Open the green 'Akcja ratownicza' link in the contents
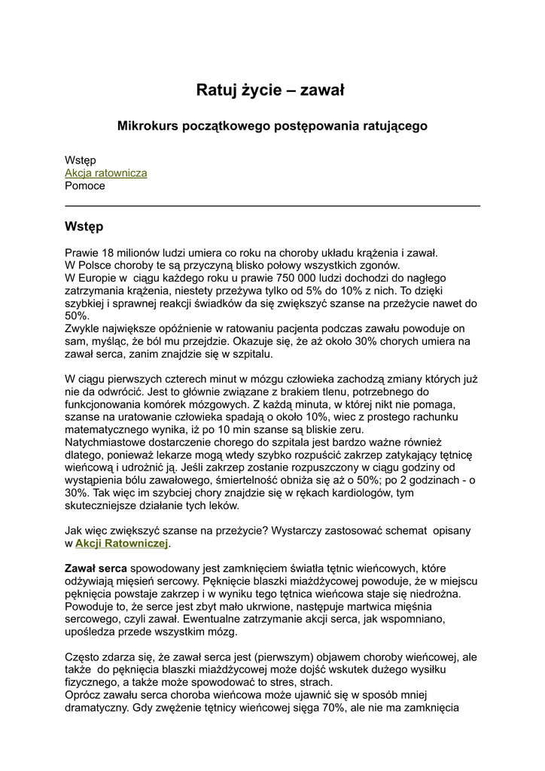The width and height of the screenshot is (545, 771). (x=106, y=173)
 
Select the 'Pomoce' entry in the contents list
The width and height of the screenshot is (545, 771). (x=85, y=186)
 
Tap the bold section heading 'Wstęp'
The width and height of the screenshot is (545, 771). (x=84, y=227)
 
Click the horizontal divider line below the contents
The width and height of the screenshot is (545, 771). (x=272, y=206)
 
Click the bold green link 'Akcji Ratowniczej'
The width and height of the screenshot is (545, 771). (x=122, y=543)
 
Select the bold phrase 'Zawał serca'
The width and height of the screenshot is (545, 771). (x=96, y=568)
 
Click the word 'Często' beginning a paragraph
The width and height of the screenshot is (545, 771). (x=82, y=657)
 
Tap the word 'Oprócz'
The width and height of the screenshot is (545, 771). (x=83, y=696)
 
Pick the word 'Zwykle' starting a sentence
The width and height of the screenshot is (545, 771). (x=83, y=329)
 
